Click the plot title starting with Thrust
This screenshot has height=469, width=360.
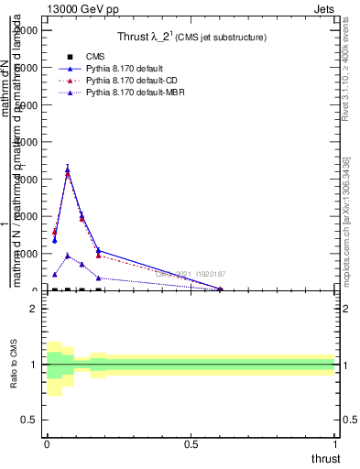pos(191,38)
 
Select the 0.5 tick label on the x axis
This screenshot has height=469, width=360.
pos(191,443)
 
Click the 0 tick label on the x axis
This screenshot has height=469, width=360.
pos(47,443)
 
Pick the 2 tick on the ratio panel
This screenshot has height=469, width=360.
pos(34,309)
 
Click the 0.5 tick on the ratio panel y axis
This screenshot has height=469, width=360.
pos(29,420)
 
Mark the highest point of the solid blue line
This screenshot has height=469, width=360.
pos(68,169)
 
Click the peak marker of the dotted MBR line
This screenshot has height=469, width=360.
pos(68,256)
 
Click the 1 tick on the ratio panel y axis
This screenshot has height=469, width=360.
pos(34,365)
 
